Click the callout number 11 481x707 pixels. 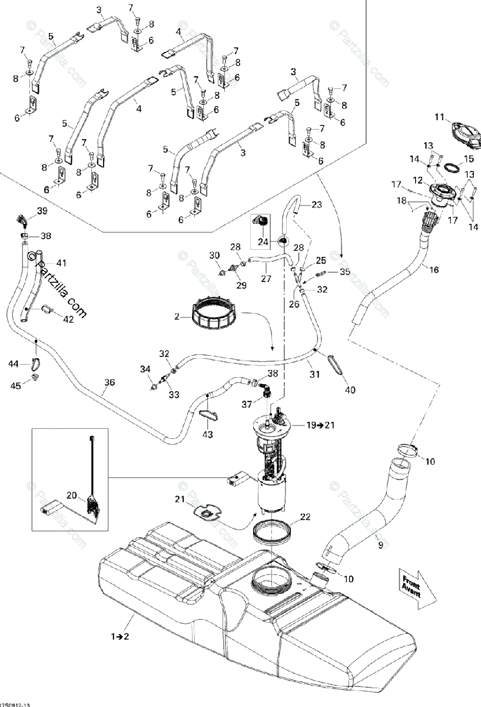439,118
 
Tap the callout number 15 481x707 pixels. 469,158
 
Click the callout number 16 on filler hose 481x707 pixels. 434,270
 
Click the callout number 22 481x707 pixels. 304,517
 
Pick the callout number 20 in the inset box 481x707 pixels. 71,496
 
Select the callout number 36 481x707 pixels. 110,382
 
